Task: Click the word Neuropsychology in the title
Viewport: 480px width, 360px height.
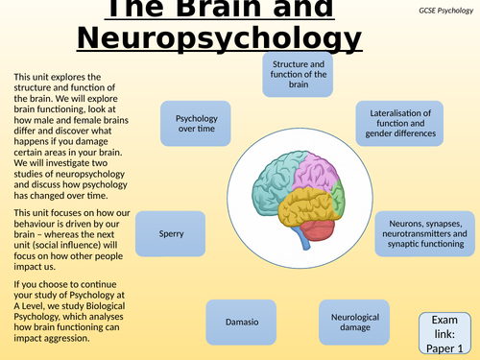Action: click(x=220, y=40)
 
